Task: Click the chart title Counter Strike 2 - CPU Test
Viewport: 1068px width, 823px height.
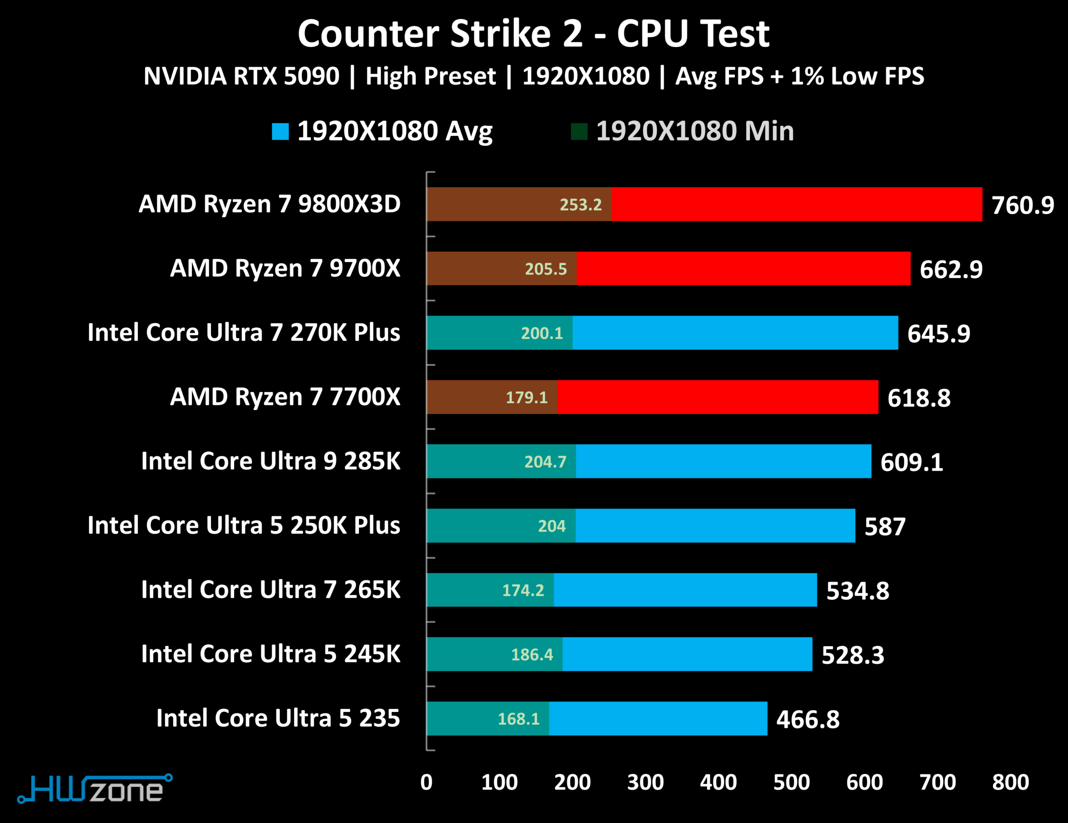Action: point(534,34)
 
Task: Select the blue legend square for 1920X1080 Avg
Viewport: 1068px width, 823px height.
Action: point(280,131)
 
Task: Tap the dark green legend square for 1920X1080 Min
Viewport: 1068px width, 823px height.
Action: point(579,131)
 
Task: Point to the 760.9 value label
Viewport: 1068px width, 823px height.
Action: point(1023,205)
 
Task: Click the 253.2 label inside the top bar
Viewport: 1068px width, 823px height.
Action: point(581,204)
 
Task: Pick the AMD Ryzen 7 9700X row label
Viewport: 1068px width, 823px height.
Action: point(285,268)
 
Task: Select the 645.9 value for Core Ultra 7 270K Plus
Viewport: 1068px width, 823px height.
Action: point(939,333)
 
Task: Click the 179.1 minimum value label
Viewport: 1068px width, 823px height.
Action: point(526,397)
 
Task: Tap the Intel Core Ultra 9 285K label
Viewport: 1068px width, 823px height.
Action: point(270,461)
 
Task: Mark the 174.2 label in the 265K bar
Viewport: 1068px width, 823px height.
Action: point(523,590)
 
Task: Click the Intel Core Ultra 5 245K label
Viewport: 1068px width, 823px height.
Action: point(270,654)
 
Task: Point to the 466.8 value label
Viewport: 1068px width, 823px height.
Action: point(808,719)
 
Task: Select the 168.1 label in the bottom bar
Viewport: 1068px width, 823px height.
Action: point(518,719)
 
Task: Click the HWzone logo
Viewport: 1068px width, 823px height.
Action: point(95,789)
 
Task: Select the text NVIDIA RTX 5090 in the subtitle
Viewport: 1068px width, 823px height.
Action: point(241,76)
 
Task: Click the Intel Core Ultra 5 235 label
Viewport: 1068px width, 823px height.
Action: point(278,718)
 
